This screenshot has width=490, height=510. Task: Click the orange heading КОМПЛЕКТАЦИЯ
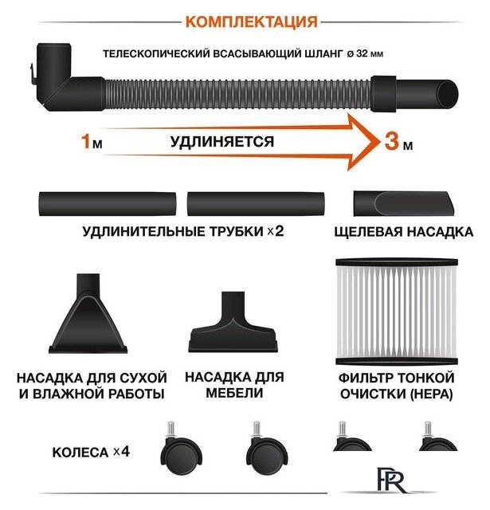(251, 21)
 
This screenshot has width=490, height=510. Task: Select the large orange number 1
(85, 142)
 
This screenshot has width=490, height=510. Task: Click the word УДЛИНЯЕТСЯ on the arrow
(221, 142)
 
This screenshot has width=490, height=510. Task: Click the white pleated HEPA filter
(395, 312)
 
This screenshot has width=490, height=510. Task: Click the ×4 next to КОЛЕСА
(120, 452)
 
